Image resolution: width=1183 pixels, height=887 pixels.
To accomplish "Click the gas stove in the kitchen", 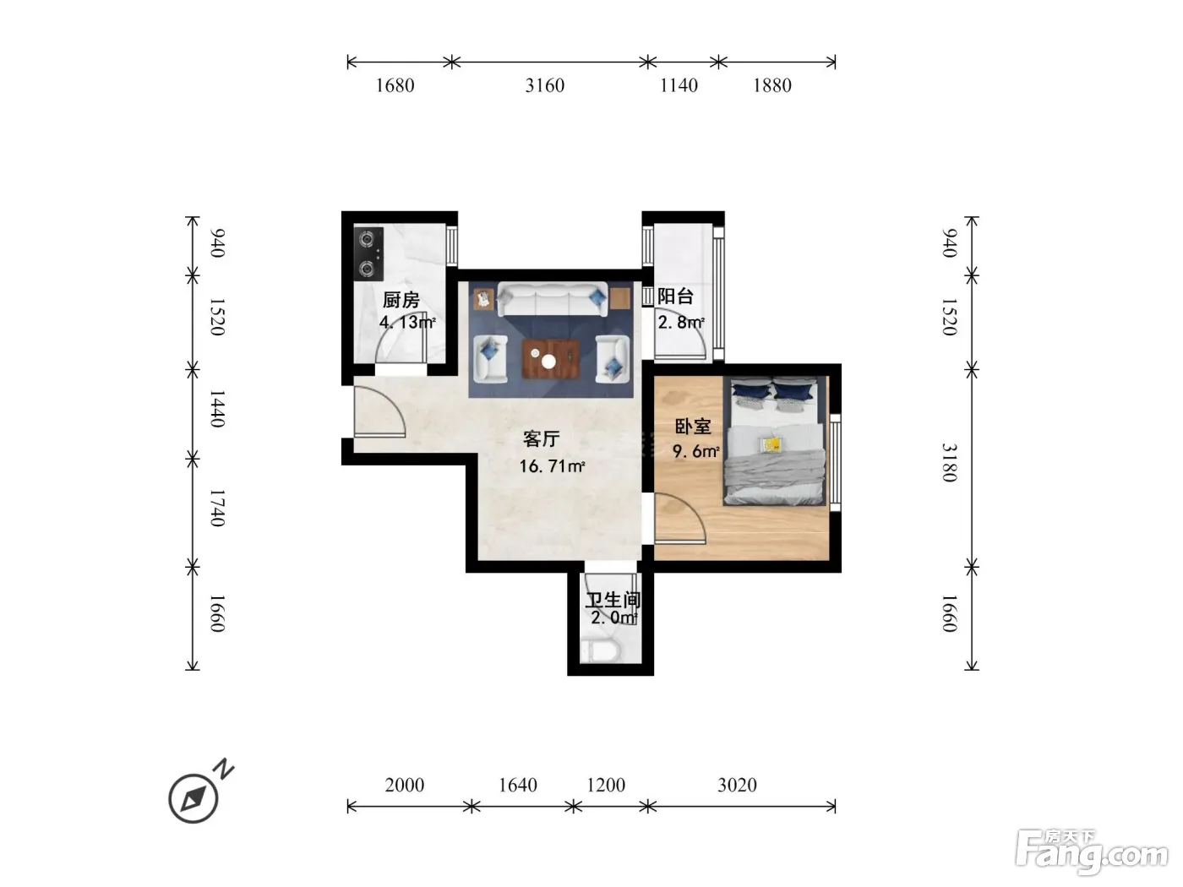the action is [x=368, y=253].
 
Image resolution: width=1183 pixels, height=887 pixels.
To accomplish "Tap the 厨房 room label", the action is [x=401, y=299].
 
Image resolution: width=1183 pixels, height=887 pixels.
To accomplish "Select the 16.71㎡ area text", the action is [x=552, y=465].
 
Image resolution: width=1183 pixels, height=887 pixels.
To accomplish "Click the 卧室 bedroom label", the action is [x=693, y=427].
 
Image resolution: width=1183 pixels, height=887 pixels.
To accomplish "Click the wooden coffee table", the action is [x=551, y=359].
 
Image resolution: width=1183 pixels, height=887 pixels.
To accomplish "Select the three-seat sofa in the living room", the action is [x=553, y=299].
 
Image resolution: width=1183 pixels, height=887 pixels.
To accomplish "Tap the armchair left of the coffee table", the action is [x=490, y=359].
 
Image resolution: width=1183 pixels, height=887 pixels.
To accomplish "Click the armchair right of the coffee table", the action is [x=613, y=359].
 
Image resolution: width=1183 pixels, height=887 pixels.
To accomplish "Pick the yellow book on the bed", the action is [x=771, y=443].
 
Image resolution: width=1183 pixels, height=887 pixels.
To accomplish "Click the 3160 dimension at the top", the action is [x=545, y=85].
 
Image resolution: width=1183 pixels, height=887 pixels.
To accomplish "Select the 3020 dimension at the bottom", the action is [x=737, y=785].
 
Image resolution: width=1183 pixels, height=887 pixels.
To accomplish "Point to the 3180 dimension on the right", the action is [x=950, y=462].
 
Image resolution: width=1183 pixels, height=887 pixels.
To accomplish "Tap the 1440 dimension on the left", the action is [x=216, y=409].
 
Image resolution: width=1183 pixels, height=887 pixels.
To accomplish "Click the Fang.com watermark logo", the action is [x=1092, y=852].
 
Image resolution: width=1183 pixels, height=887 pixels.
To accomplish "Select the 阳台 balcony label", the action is [x=675, y=296].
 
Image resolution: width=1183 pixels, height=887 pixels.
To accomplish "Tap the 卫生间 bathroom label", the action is [x=613, y=600].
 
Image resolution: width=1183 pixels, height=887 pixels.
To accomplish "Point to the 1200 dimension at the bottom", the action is [x=606, y=785].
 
